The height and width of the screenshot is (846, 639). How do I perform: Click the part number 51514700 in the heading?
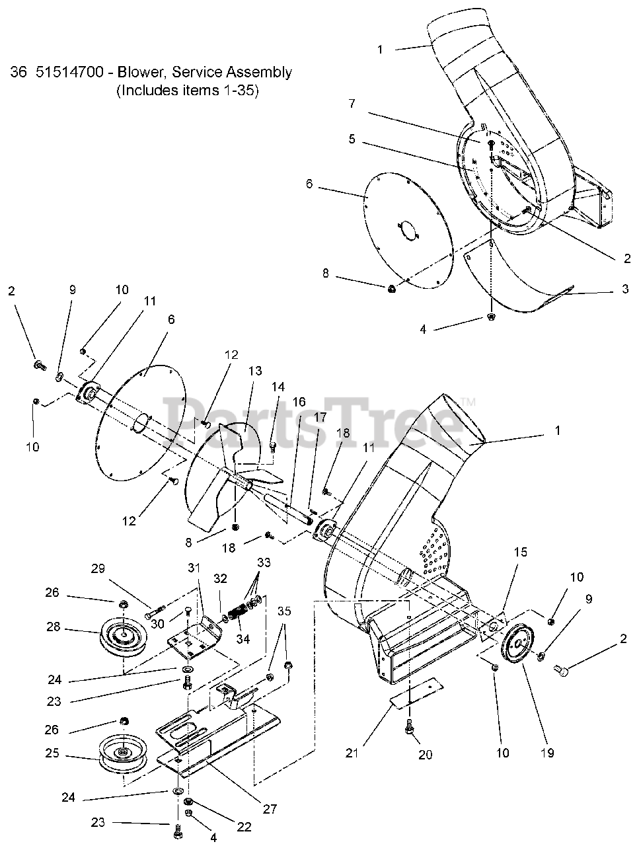(70, 72)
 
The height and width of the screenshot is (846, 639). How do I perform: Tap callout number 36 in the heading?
(18, 72)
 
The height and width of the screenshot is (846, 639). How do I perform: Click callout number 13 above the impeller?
(255, 371)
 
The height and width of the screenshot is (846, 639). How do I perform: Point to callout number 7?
(352, 104)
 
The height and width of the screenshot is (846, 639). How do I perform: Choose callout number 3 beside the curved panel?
(625, 289)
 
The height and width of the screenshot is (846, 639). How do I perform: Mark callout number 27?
(270, 808)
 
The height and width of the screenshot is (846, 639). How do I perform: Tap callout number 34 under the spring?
(243, 638)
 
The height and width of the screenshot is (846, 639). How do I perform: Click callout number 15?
(520, 552)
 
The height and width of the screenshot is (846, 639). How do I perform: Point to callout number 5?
(352, 139)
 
